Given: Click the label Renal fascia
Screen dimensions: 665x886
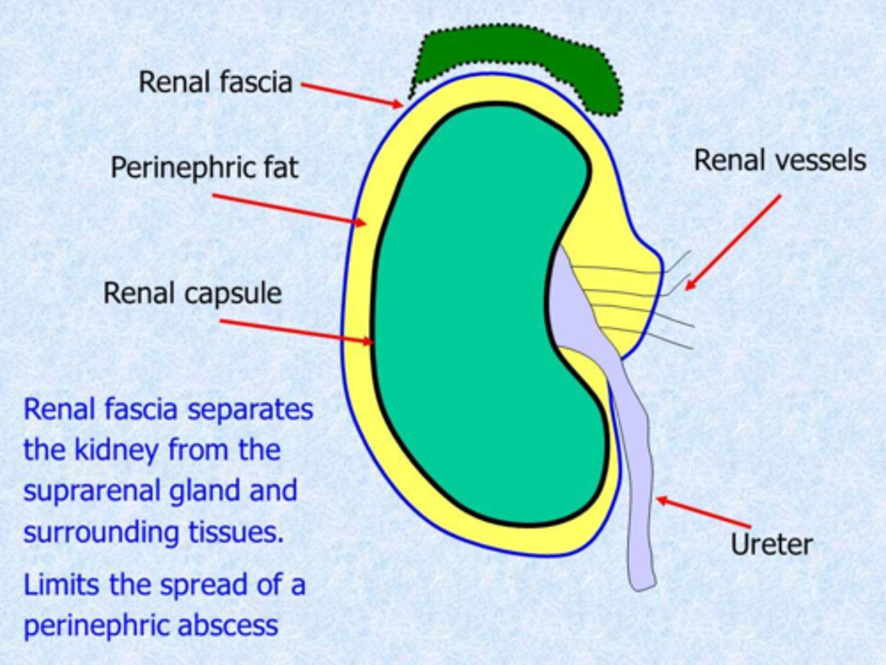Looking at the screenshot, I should [215, 83].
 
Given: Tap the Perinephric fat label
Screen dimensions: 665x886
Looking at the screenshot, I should [204, 167].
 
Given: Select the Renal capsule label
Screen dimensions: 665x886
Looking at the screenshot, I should [192, 293].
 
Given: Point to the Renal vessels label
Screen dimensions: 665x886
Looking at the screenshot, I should [780, 161].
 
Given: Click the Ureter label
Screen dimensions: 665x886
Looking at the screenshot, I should [772, 544].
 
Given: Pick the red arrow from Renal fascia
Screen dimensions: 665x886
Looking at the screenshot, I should [351, 94].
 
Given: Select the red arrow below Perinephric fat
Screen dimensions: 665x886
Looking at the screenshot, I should [289, 210].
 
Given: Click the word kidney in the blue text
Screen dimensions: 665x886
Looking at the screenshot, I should [116, 451].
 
